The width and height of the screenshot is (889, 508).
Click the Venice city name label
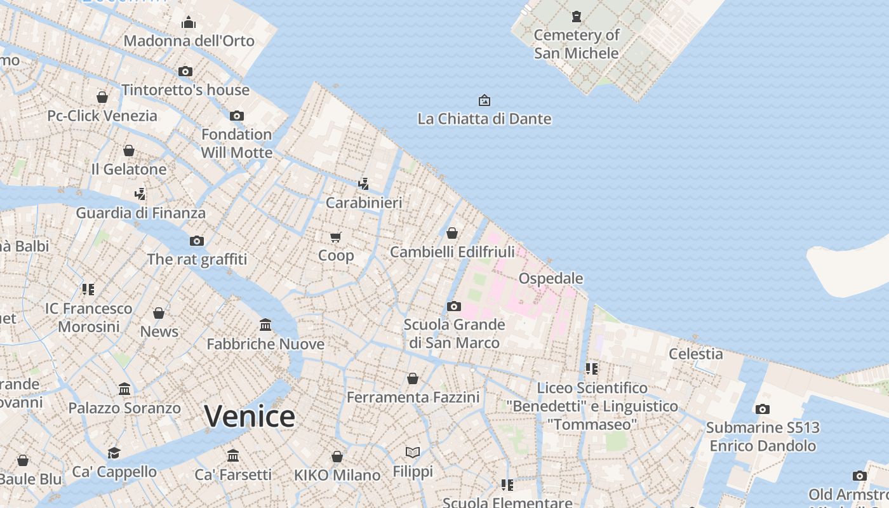250,417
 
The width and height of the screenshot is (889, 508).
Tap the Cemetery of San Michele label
576,44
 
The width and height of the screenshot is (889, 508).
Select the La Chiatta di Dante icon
484,100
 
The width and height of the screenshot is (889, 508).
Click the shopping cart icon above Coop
336,237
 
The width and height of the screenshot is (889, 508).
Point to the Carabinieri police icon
363,184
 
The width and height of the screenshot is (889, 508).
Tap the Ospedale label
551,278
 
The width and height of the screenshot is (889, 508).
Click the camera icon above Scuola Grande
453,306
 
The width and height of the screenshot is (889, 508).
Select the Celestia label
696,354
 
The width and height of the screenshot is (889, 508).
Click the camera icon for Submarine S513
763,409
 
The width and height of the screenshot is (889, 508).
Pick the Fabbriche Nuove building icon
265,325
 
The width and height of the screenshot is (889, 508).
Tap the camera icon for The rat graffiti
197,241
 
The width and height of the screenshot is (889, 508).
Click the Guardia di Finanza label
141,213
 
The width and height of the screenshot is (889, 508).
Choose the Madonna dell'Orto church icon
189,23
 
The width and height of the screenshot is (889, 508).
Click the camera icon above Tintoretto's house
185,71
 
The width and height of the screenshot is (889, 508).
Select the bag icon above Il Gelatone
129,150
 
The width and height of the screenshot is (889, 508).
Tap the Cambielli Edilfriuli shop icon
452,233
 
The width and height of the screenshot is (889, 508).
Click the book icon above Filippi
413,452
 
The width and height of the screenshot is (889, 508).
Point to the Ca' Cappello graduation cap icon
114,453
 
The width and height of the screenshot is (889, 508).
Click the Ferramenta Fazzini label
413,398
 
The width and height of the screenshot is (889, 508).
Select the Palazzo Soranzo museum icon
124,389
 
